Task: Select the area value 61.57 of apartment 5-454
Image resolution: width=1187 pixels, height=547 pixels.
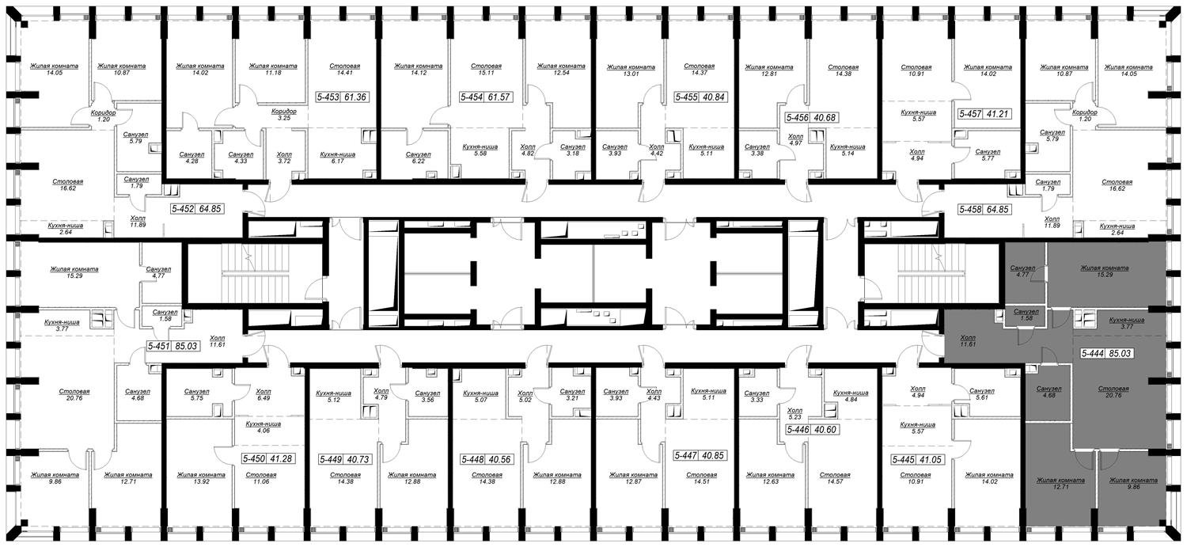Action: tap(499, 97)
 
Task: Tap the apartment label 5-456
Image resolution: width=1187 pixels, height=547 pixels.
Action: tap(798, 117)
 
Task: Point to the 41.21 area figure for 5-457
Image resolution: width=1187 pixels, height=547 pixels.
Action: tap(997, 113)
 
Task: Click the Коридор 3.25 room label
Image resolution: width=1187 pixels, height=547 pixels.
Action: tap(283, 115)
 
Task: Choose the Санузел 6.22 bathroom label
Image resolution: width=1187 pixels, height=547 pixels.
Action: tap(418, 158)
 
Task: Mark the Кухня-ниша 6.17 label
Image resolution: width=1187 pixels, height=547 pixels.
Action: tap(338, 158)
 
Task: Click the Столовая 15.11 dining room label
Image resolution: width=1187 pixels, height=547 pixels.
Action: tap(486, 69)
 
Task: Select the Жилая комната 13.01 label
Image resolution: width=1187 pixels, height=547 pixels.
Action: tap(631, 70)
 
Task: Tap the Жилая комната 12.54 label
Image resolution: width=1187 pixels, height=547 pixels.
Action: tap(561, 69)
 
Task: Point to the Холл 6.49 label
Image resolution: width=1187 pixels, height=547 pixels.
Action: tap(264, 394)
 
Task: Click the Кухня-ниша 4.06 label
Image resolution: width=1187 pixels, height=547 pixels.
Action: tap(264, 427)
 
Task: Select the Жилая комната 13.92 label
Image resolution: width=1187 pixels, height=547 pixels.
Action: tap(201, 478)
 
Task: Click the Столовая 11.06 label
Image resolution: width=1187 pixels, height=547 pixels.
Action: tap(261, 478)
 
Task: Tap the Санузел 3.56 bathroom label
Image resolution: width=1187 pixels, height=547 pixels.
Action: tap(427, 396)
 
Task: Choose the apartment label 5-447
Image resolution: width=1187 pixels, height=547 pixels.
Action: tap(686, 455)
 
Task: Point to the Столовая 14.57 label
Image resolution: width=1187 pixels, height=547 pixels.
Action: tap(835, 478)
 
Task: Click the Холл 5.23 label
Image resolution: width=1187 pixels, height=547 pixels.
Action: tap(794, 413)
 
